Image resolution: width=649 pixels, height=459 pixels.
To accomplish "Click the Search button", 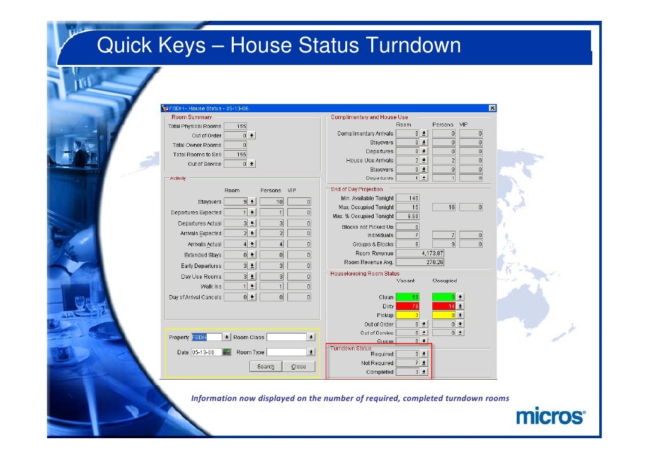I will click(265, 367).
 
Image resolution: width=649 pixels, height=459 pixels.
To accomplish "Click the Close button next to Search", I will click(298, 367).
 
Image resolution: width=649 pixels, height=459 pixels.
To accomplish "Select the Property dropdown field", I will click(207, 337).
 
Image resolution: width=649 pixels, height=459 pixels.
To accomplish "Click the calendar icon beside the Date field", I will click(227, 352).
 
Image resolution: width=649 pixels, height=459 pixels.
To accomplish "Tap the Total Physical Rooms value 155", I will click(236, 126).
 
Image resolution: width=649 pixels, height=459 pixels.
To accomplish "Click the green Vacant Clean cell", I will click(408, 297).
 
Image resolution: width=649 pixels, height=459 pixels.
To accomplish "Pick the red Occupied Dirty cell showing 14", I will click(444, 306).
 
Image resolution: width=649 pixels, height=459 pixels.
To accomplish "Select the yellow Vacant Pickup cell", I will click(408, 315).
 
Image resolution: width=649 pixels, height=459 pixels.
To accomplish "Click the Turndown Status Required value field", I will click(408, 354).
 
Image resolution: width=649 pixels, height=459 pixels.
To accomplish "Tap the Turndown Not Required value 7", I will click(408, 363).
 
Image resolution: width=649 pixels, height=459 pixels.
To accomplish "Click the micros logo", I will click(551, 417).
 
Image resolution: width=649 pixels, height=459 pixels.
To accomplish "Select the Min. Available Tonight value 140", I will click(408, 198).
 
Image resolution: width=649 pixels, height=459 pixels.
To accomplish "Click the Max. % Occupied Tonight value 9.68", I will click(408, 216).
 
